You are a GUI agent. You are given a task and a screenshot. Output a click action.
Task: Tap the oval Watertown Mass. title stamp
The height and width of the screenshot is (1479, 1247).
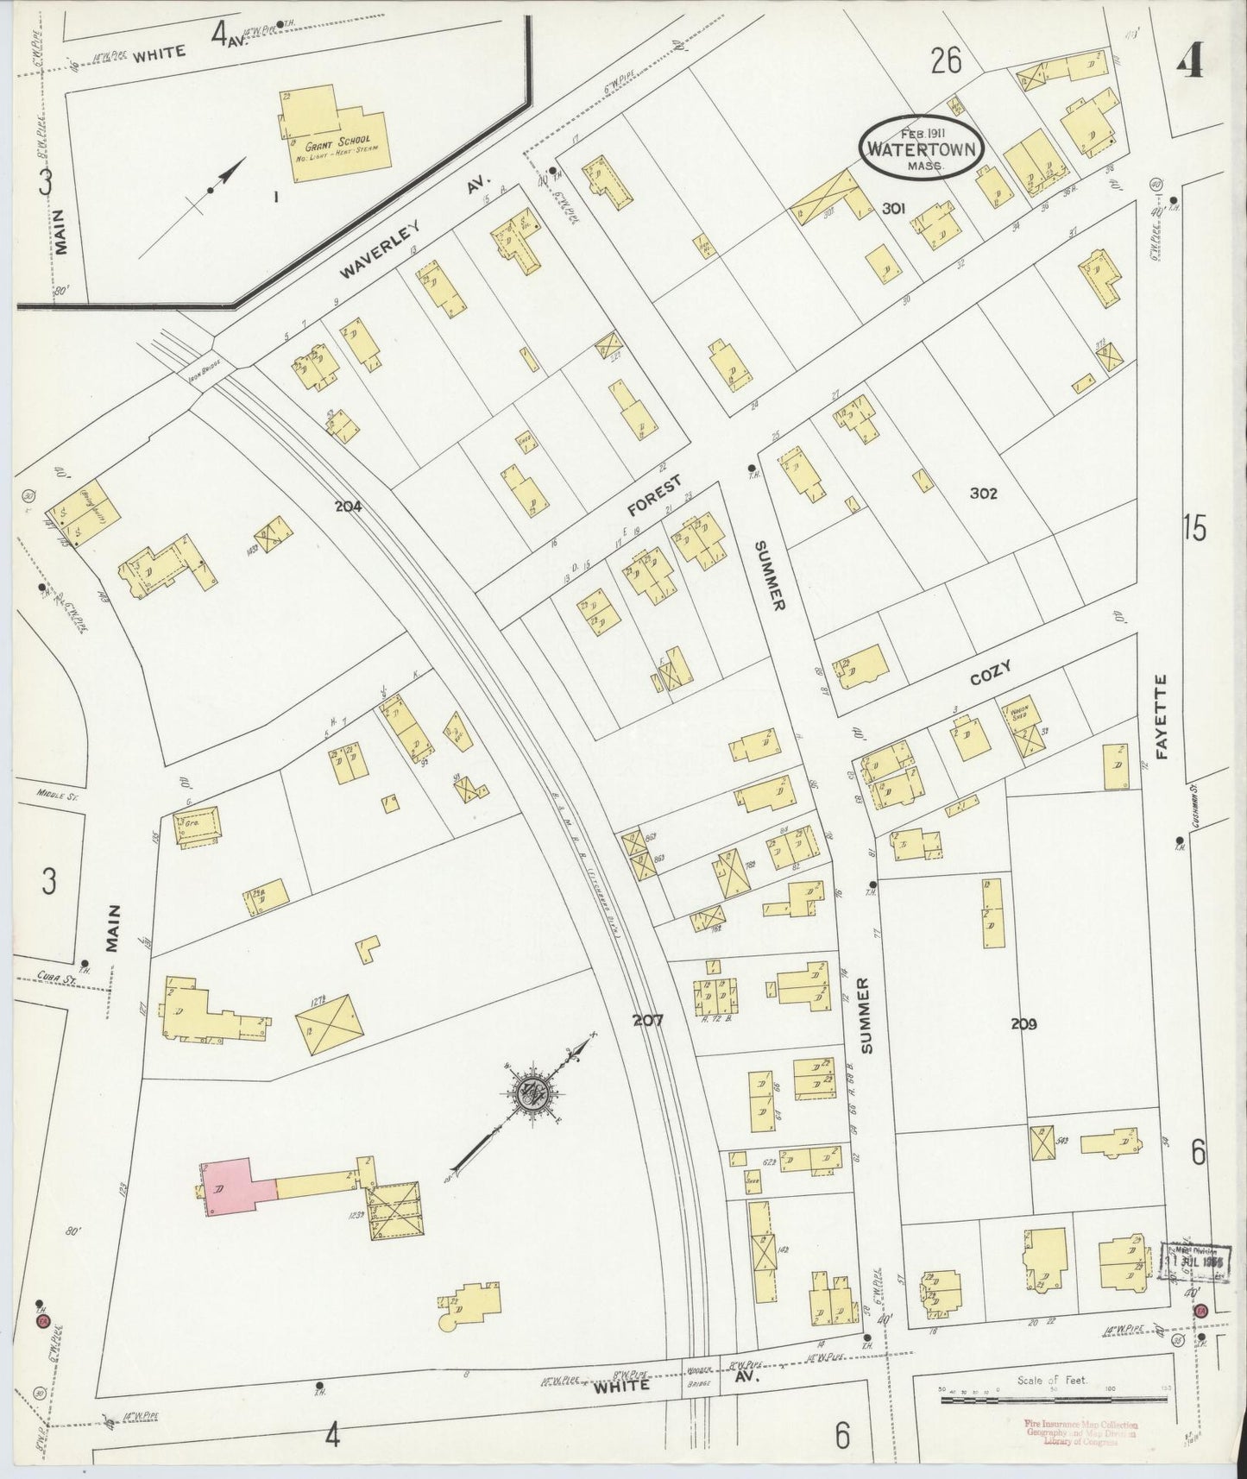(x=922, y=147)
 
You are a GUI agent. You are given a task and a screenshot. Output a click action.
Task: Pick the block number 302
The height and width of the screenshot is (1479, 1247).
(x=983, y=494)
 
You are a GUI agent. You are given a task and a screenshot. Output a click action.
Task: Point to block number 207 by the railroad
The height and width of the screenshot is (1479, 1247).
(x=647, y=1020)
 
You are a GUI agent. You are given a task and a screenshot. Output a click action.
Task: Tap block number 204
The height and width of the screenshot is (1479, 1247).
(x=349, y=507)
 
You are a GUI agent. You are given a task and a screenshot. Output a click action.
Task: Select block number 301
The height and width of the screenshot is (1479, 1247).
(x=892, y=207)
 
